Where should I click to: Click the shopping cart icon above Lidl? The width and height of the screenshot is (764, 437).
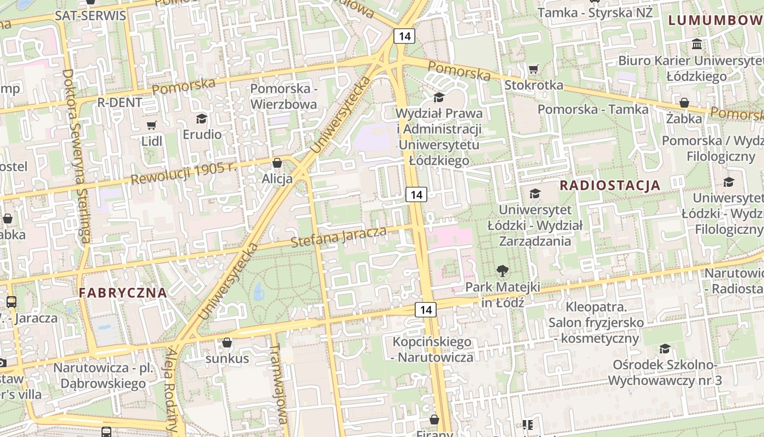coord(151,126)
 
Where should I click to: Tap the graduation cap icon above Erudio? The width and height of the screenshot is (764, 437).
coord(202,119)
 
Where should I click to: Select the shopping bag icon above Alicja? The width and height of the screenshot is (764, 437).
coord(277,163)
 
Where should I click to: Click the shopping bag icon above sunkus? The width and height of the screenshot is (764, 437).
coord(227,343)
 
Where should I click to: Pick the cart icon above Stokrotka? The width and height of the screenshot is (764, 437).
coord(533,69)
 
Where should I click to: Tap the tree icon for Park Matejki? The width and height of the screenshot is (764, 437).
coord(502,270)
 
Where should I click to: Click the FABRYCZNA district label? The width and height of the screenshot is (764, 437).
coord(123,292)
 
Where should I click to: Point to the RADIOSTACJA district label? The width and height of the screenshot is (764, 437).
coord(610,185)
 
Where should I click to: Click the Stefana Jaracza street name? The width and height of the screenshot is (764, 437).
coord(339,237)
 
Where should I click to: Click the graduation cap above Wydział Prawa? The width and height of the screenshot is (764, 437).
coord(439,98)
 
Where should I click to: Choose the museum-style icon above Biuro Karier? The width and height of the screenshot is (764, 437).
coord(697,44)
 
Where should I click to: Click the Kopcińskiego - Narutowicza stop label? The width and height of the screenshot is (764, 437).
coord(433,350)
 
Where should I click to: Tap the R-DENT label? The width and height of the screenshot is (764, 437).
coord(120,102)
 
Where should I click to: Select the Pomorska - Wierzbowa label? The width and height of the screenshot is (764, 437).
coord(283,96)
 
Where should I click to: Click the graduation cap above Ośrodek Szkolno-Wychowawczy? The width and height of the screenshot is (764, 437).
coord(665,349)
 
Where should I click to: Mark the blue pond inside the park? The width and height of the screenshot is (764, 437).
coord(259,292)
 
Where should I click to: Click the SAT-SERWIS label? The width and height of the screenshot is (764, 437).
coord(91,15)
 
